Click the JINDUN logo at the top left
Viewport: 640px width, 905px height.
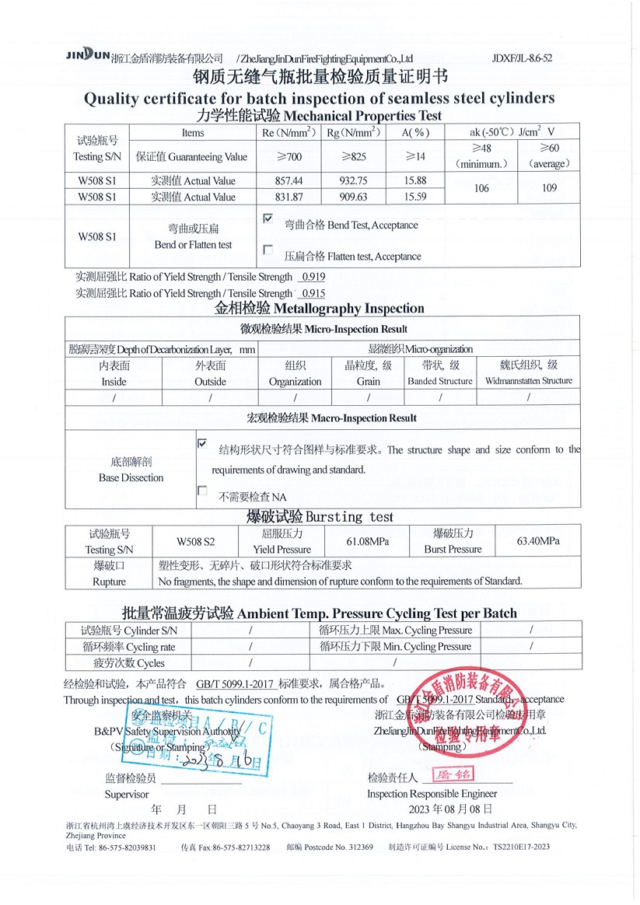click(x=87, y=56)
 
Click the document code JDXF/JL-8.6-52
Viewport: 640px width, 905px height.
click(x=523, y=58)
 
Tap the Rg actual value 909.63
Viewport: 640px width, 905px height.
click(x=354, y=197)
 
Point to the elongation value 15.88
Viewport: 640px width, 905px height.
click(x=417, y=181)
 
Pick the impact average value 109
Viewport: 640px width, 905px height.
click(x=549, y=189)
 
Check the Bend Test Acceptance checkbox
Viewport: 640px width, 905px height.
click(x=268, y=220)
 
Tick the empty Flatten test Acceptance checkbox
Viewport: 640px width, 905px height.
click(x=268, y=250)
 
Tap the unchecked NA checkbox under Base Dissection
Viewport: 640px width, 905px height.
click(x=203, y=491)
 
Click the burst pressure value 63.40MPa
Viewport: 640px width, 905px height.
click(x=538, y=541)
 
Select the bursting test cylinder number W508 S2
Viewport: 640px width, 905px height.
click(x=195, y=541)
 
